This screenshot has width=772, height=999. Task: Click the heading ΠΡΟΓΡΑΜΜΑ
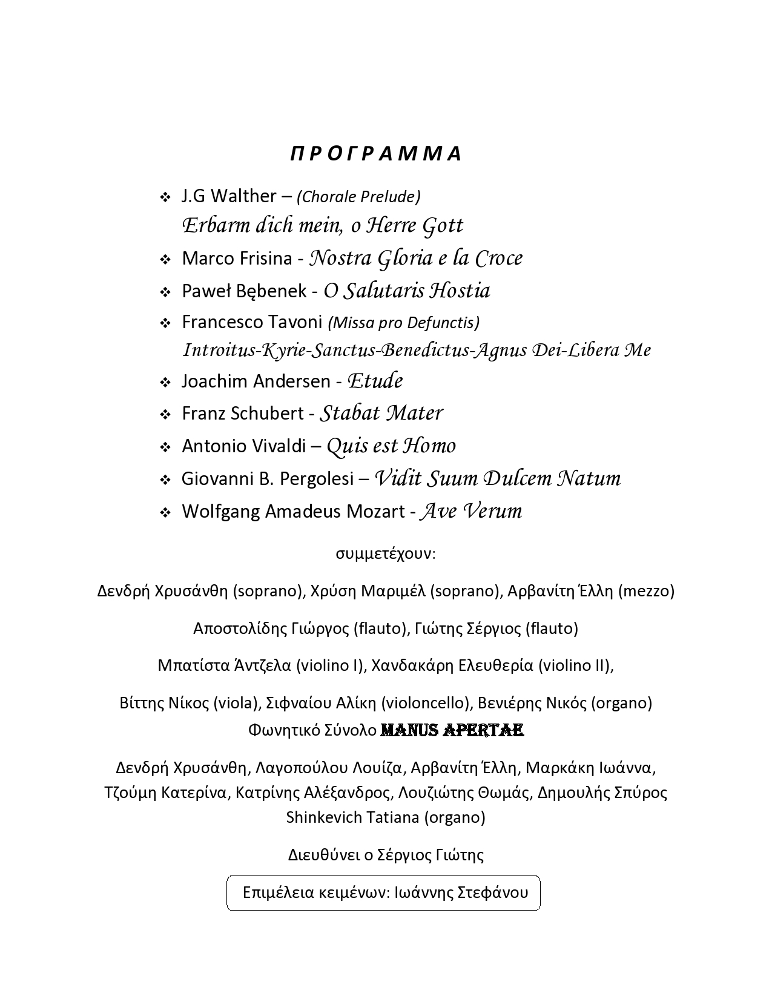click(377, 154)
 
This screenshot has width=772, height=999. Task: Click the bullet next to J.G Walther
click(165, 197)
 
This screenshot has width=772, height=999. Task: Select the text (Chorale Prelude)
click(358, 197)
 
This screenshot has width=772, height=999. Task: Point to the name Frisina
click(265, 259)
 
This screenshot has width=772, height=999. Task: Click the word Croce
click(498, 259)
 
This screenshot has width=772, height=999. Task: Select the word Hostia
click(460, 291)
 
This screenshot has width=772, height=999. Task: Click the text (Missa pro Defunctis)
click(404, 323)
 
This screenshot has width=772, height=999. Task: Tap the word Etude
click(375, 381)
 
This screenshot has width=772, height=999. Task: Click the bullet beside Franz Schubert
click(165, 415)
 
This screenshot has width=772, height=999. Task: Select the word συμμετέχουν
click(385, 554)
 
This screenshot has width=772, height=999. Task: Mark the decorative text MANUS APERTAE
click(452, 731)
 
